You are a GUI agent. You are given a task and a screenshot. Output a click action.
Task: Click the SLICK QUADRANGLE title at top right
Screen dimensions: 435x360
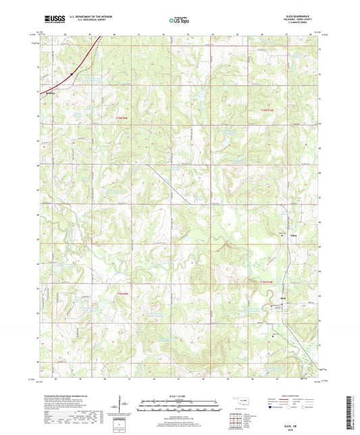(301, 16)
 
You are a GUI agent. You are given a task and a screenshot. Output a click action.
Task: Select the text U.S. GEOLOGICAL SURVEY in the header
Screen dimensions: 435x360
(84, 21)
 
